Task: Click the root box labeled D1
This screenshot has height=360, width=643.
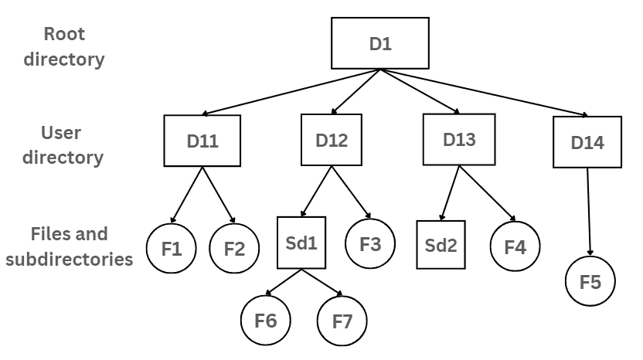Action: (379, 44)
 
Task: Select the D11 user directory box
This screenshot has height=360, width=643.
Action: (202, 141)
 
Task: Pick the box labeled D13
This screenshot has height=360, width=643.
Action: (459, 140)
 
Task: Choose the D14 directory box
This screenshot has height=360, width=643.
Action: (587, 142)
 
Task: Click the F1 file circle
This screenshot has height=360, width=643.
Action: (172, 249)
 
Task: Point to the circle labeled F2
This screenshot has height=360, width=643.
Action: (234, 249)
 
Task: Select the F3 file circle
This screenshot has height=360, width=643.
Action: (370, 243)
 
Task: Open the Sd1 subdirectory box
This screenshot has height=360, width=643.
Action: (301, 243)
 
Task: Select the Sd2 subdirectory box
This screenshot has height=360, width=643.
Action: (441, 245)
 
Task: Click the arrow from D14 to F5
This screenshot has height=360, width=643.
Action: (589, 212)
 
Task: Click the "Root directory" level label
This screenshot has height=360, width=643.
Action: (64, 46)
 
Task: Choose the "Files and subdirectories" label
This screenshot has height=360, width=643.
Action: (69, 246)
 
